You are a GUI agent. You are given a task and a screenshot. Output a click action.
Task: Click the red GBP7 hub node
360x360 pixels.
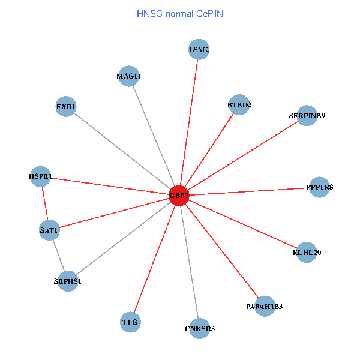pyautogui.click(x=179, y=196)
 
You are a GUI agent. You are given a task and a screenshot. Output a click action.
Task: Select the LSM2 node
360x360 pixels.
pyautogui.click(x=199, y=50)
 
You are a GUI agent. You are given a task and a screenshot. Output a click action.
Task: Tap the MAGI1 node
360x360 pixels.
pyautogui.click(x=129, y=76)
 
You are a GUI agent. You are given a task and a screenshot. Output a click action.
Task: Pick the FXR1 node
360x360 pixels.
pyautogui.click(x=66, y=107)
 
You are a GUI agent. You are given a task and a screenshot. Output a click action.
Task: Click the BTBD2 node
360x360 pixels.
pyautogui.click(x=239, y=105)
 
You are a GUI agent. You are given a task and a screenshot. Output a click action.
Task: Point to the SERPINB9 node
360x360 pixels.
pyautogui.click(x=307, y=116)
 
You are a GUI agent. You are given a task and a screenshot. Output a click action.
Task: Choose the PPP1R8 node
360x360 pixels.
pyautogui.click(x=319, y=187)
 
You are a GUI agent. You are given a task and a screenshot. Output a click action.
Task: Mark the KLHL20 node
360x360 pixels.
pyautogui.click(x=307, y=253)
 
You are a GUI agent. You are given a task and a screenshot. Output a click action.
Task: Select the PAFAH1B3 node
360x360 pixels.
pyautogui.click(x=264, y=307)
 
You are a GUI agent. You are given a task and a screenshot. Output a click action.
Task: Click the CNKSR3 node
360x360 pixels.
pyautogui.click(x=200, y=328)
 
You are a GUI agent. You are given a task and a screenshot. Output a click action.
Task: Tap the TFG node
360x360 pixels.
pyautogui.click(x=130, y=322)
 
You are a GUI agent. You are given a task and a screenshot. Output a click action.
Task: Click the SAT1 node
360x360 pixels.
pyautogui.click(x=49, y=230)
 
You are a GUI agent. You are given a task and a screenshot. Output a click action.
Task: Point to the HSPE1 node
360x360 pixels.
pyautogui.click(x=41, y=176)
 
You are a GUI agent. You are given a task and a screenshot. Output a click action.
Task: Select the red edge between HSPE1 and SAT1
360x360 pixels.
pyautogui.click(x=45, y=203)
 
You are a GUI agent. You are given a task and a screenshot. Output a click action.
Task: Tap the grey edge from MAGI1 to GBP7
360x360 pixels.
pyautogui.click(x=154, y=136)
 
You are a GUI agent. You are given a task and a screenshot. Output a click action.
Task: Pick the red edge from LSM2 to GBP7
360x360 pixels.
pyautogui.click(x=189, y=123)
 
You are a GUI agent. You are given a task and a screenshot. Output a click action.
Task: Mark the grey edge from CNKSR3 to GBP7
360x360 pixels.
pyautogui.click(x=189, y=262)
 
